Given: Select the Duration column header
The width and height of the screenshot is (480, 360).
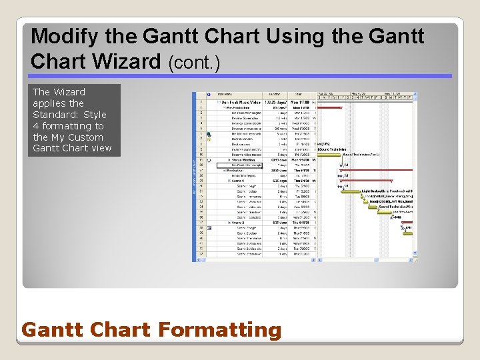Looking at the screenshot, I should tap(274, 95).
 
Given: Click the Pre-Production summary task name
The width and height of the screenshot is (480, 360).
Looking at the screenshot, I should tap(239, 108).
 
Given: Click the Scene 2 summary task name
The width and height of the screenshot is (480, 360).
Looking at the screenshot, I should tap(238, 222).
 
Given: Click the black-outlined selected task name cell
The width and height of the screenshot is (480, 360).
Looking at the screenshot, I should tap(241, 165).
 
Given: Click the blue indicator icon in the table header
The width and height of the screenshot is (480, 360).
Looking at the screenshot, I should tap(209, 95).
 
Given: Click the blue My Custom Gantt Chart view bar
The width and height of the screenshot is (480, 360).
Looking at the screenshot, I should tap(195, 177).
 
